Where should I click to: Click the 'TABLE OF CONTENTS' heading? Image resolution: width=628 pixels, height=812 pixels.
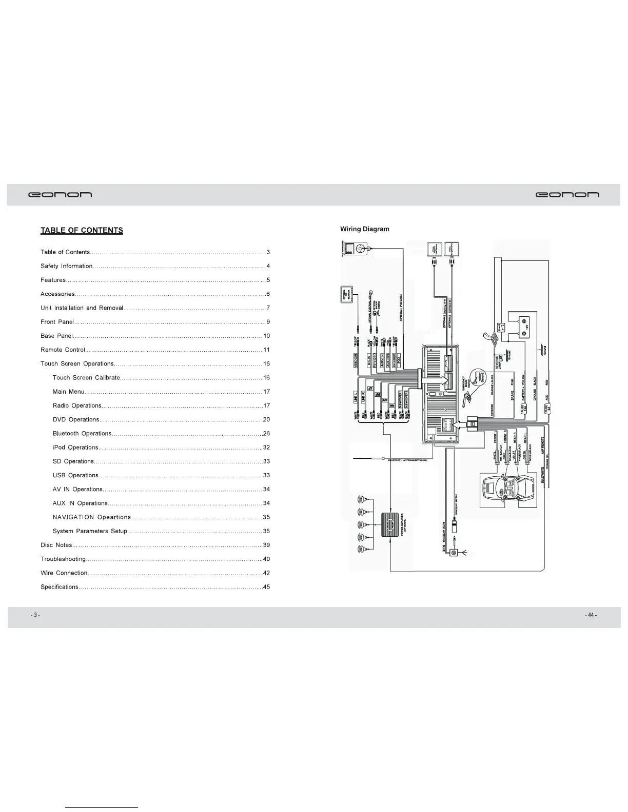pyautogui.click(x=82, y=230)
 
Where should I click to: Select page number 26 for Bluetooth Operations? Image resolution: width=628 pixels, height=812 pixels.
pyautogui.click(x=266, y=434)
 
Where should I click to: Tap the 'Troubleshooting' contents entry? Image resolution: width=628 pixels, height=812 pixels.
pyautogui.click(x=63, y=559)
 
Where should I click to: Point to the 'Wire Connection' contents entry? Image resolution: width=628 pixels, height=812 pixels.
pyautogui.click(x=64, y=573)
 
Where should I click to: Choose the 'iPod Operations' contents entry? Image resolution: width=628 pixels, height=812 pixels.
pyautogui.click(x=75, y=448)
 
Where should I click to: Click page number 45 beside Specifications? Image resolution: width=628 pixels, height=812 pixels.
pyautogui.click(x=266, y=587)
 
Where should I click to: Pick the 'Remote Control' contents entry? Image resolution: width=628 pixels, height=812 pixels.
pyautogui.click(x=63, y=350)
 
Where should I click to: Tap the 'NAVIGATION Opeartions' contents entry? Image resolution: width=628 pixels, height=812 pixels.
pyautogui.click(x=92, y=517)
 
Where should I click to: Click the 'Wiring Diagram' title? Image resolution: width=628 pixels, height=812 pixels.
pyautogui.click(x=365, y=229)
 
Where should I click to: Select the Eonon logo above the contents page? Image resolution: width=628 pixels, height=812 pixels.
pyautogui.click(x=60, y=195)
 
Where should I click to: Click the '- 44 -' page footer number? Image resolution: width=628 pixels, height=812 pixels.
pyautogui.click(x=591, y=615)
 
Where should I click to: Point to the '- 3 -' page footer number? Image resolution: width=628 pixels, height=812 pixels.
pyautogui.click(x=35, y=615)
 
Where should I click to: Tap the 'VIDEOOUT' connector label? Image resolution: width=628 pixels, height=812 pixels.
pyautogui.click(x=356, y=360)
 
